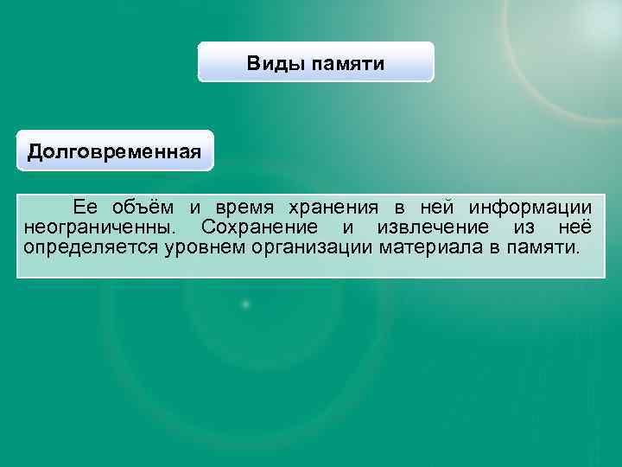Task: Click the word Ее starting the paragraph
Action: point(86,208)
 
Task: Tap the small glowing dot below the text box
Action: point(246,304)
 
